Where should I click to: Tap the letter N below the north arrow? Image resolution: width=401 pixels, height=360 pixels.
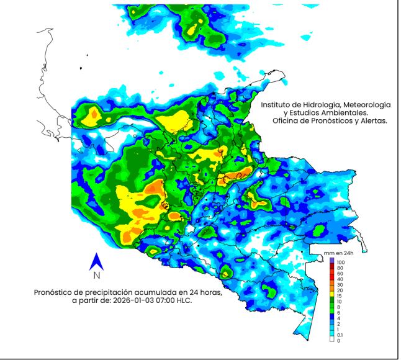click(x=97, y=275)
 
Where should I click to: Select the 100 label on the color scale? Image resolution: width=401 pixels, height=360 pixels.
click(x=341, y=263)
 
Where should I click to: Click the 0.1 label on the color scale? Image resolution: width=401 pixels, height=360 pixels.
click(x=340, y=336)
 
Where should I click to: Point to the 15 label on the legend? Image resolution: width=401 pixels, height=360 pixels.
click(x=339, y=295)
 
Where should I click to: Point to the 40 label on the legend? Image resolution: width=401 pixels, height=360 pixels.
click(x=339, y=279)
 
